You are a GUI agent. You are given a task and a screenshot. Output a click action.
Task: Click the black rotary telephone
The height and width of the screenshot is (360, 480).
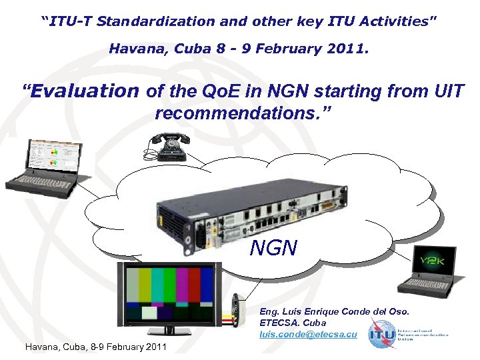pos(167,145)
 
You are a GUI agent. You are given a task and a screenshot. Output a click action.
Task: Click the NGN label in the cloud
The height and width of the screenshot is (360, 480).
pos(273,249)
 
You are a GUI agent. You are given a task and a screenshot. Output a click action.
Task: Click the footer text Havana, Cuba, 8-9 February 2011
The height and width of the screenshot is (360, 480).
pos(95,347)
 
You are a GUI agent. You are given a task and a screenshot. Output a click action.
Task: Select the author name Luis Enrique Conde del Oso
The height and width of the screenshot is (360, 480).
pos(334,311)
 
